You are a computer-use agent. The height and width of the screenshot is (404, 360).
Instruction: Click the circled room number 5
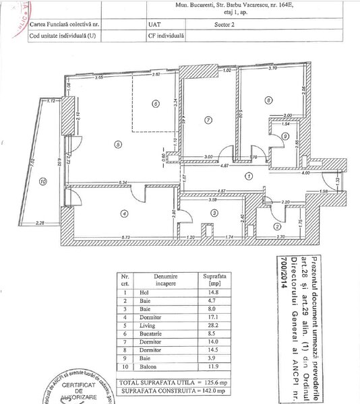tap(117, 143)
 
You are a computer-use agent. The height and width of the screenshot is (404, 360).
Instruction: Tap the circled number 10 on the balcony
tap(43, 180)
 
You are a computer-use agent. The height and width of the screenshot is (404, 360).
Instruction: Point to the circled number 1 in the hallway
tap(249, 176)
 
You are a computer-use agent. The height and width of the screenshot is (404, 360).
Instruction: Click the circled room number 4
tap(123, 214)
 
